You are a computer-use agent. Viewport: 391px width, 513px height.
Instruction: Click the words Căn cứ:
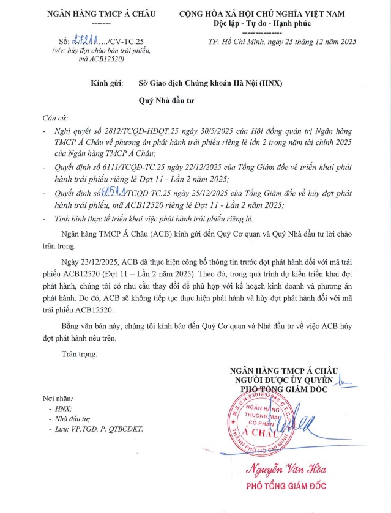tap(55, 117)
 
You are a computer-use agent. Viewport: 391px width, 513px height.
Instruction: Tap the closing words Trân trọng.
tap(79, 354)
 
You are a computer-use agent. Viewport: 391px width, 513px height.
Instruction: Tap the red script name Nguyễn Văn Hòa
tap(286, 470)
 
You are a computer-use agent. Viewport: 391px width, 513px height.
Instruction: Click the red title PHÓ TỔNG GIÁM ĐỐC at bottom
tap(285, 487)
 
